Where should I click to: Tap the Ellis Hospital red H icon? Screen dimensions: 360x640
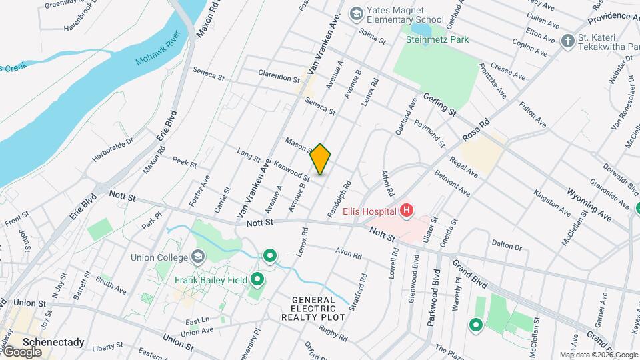pos(406,212)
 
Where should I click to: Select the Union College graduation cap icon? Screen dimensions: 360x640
pos(197,256)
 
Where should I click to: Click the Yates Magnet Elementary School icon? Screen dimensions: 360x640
pos(356,13)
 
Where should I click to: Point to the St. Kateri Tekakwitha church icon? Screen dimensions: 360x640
pos(567,41)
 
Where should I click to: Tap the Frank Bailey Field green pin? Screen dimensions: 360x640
pos(257,280)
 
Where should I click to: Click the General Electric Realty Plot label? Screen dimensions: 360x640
pos(318,309)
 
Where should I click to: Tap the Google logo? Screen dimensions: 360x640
pos(21,352)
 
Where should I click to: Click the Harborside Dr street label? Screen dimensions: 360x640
pos(113,149)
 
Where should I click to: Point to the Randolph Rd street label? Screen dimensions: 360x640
pos(339,199)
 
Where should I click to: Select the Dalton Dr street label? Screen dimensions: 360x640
pos(507,245)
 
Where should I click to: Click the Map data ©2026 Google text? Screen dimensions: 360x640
pos(597,355)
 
